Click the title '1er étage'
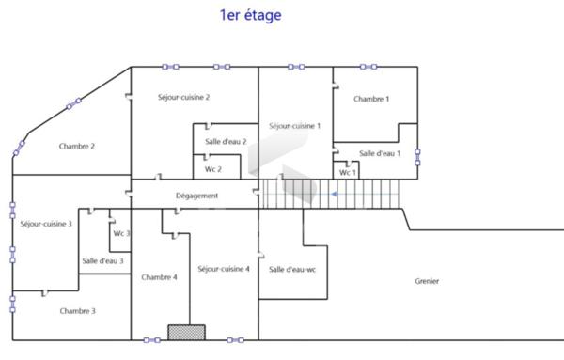249,15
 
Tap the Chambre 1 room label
371,99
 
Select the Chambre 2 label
77,146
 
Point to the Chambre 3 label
77,310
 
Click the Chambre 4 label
159,277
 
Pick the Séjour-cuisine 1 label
294,125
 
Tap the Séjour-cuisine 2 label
183,97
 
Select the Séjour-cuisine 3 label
46,224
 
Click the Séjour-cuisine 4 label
224,269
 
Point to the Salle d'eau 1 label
380,153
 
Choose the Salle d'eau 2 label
226,142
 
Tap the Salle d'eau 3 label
102,260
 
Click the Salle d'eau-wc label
292,270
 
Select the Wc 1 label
348,173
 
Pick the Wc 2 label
212,169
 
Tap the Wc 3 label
121,233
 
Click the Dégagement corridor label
197,196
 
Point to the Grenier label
427,281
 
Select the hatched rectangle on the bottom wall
186,332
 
